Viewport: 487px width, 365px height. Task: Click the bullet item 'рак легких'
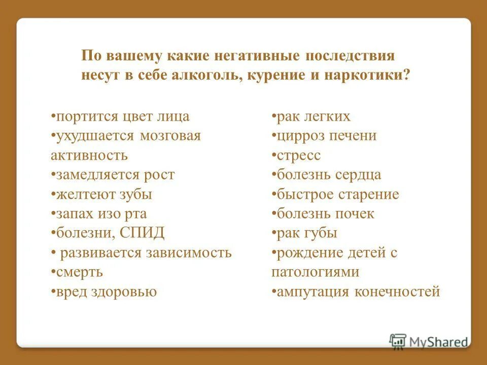click(x=311, y=117)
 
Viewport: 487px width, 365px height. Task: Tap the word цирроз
click(x=301, y=136)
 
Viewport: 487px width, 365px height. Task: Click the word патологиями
click(x=316, y=272)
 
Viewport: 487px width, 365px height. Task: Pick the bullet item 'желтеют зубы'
click(x=101, y=194)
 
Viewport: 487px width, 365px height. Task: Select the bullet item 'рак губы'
click(x=304, y=233)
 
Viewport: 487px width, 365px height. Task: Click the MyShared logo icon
click(x=398, y=341)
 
